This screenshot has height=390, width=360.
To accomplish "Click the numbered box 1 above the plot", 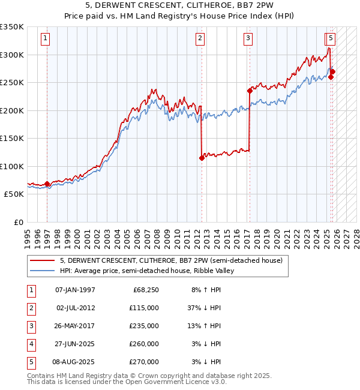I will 46,39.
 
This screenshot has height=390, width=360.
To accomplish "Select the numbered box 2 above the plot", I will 200,39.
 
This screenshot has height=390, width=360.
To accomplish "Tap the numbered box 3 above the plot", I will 248,39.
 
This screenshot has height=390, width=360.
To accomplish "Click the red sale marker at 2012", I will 202,158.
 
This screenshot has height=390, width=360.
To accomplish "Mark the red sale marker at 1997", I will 47,184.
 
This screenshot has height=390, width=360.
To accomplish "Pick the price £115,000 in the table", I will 145,308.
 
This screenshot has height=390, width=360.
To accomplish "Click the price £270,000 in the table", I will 145,362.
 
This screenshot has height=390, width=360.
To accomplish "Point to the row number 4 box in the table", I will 31,344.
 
